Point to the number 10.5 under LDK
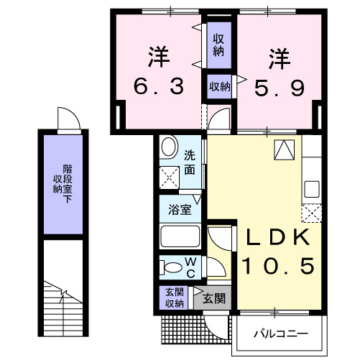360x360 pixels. click(x=277, y=267)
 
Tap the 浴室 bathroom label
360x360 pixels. click(x=180, y=211)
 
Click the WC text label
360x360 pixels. click(x=191, y=267)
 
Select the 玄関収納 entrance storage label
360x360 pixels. click(x=174, y=297)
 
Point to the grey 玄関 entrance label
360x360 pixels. click(x=213, y=297)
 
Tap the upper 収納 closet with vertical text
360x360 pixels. click(x=218, y=45)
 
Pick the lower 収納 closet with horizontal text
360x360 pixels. click(x=219, y=87)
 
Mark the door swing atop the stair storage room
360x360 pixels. click(x=65, y=118)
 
